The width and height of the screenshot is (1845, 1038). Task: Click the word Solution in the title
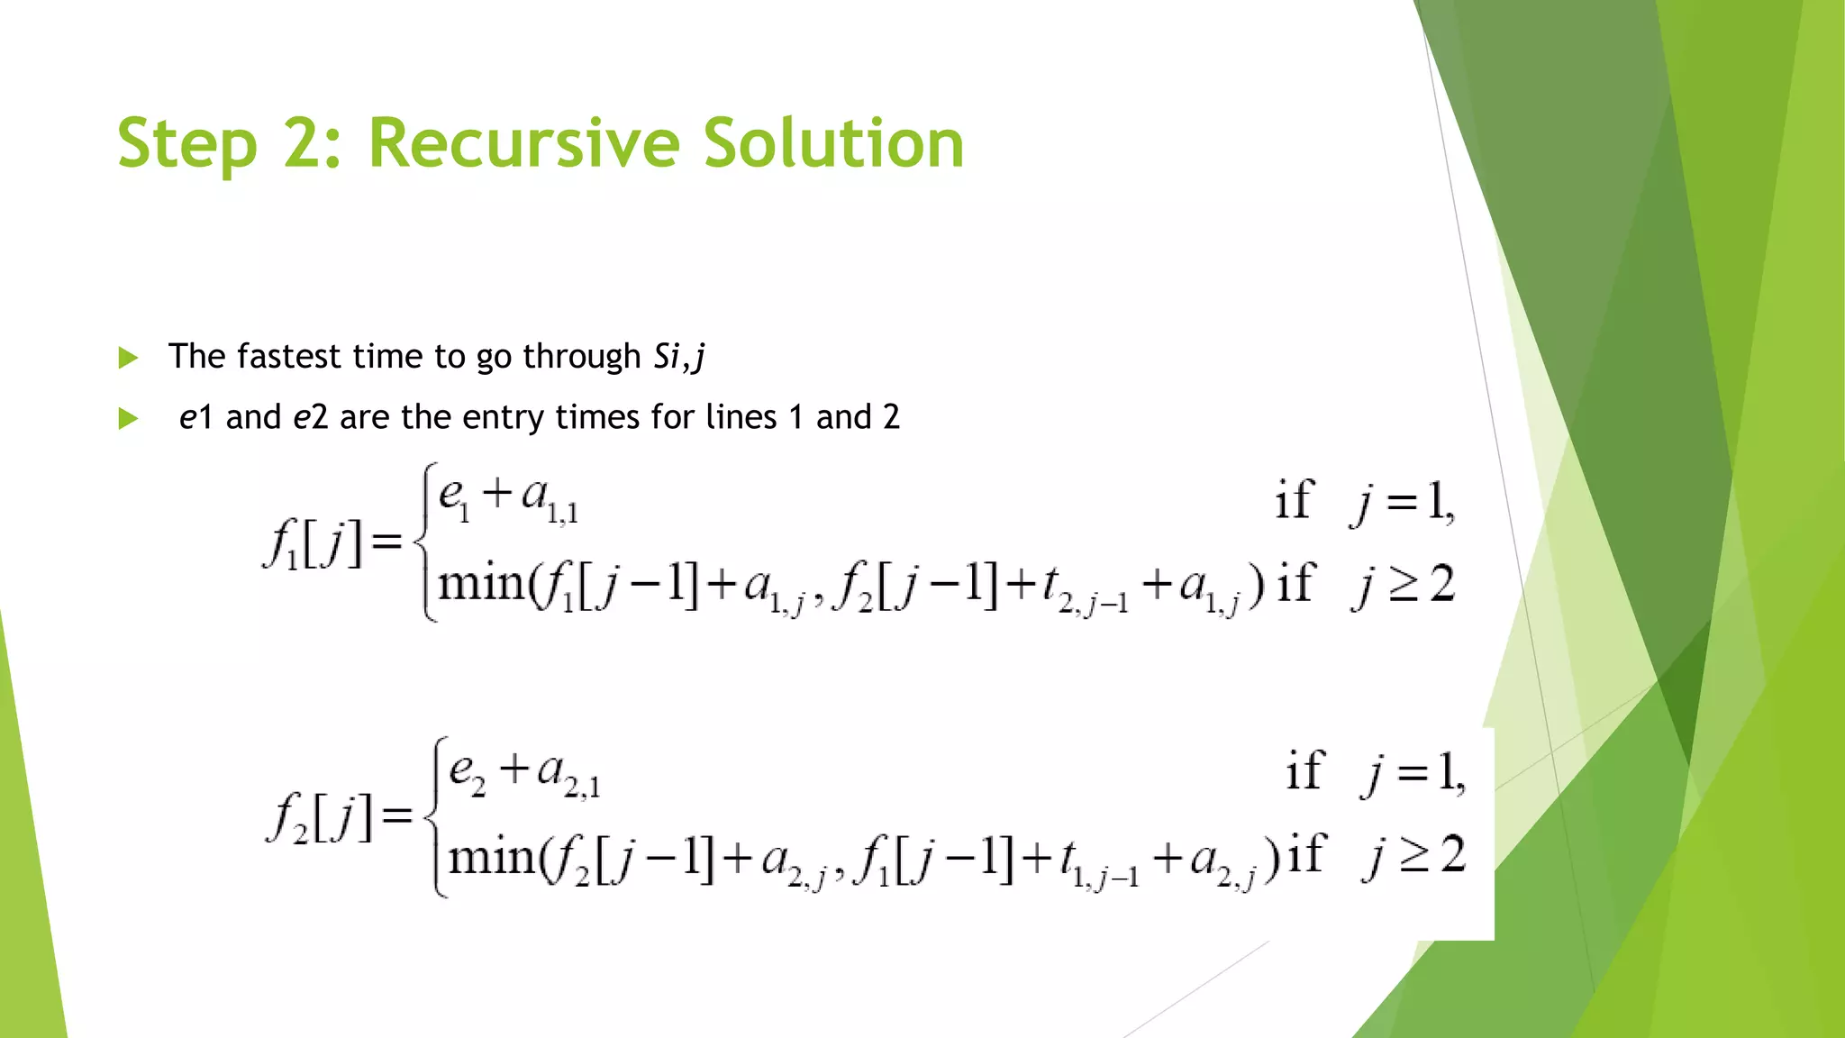832,143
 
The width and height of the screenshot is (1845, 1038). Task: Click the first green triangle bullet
128,358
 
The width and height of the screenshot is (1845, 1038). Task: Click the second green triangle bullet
128,419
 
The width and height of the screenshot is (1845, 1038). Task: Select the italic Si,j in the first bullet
678,357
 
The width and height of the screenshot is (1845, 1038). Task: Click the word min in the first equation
481,585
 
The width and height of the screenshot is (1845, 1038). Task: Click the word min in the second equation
492,857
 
